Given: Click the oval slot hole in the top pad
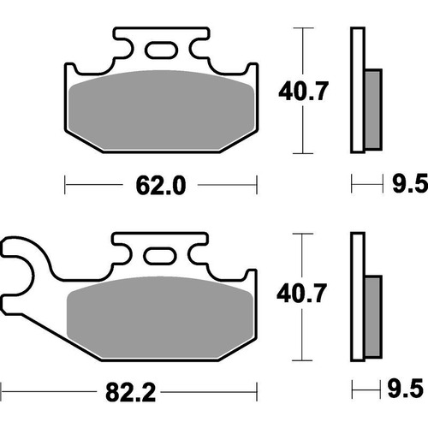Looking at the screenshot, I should (161, 50).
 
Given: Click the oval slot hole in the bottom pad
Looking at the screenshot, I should (161, 255).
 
